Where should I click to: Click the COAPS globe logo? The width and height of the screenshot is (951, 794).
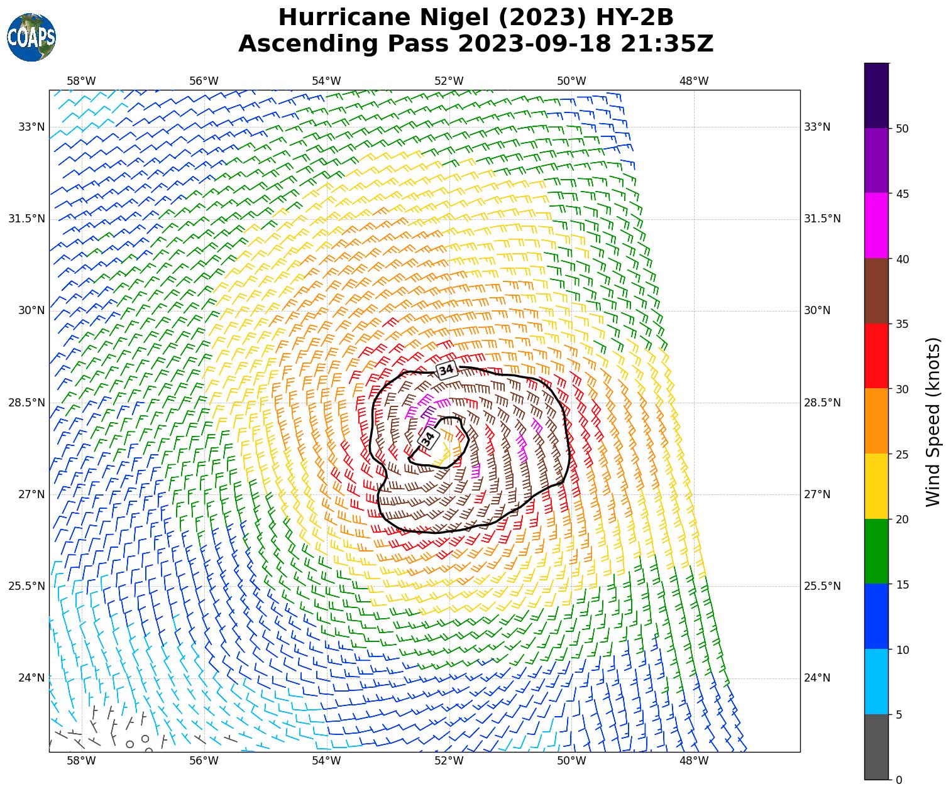click(x=31, y=38)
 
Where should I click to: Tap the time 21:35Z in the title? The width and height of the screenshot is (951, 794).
click(x=667, y=44)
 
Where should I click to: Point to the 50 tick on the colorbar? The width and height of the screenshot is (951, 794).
click(x=902, y=129)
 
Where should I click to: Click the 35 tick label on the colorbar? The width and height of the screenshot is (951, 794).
click(x=902, y=324)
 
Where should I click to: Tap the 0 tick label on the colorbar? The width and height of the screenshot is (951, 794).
click(x=899, y=780)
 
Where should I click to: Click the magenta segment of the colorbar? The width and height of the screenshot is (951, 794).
click(x=876, y=226)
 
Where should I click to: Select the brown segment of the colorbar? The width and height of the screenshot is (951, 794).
click(x=876, y=291)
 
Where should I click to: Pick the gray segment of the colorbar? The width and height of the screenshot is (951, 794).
click(x=876, y=747)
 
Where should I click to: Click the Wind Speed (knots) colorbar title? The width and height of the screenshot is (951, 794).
click(x=933, y=421)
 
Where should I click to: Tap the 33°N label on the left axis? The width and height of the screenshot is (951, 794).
click(x=31, y=127)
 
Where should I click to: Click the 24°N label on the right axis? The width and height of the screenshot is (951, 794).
click(x=817, y=678)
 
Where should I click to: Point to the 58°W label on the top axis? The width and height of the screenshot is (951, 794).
click(x=81, y=81)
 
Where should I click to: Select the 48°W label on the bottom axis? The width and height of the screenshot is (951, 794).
click(x=694, y=761)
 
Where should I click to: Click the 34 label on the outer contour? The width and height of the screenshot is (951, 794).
click(x=446, y=370)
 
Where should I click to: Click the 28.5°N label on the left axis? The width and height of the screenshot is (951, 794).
click(x=26, y=403)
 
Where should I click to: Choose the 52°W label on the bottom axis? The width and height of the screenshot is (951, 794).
click(x=449, y=761)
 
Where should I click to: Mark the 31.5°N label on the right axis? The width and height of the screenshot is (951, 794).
click(x=822, y=219)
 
